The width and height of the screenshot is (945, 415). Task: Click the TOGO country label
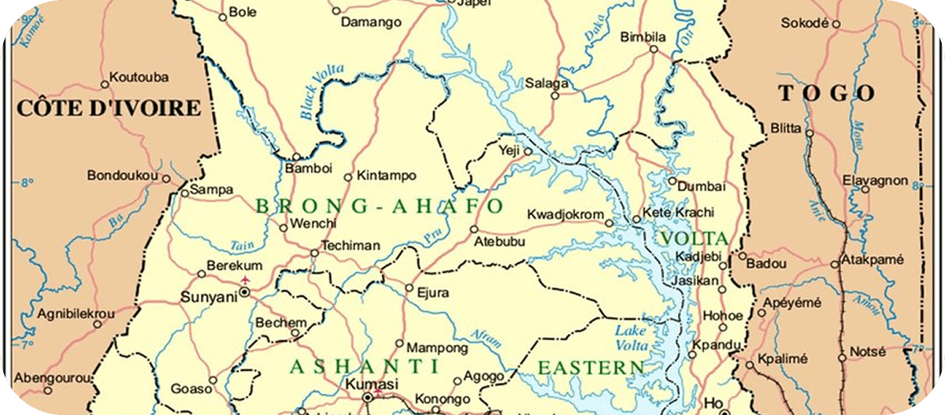click(827, 93)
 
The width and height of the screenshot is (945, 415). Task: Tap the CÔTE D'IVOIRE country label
click(109, 108)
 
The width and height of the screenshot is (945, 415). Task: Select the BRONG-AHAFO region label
click(380, 206)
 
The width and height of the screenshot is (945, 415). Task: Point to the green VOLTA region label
click(694, 238)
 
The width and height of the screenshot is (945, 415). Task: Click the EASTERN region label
click(590, 367)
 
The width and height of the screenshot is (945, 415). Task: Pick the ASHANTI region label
click(364, 366)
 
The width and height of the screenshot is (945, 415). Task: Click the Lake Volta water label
click(632, 338)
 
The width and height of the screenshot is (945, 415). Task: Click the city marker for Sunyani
click(245, 291)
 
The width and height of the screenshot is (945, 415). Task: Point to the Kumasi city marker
click(367, 398)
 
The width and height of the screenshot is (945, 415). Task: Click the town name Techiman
click(350, 246)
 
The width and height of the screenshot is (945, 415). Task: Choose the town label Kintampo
click(386, 176)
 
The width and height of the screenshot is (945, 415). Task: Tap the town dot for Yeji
click(528, 151)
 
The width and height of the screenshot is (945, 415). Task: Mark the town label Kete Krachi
click(678, 213)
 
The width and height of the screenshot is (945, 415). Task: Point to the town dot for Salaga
click(554, 95)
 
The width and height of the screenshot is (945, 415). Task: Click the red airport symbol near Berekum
click(246, 280)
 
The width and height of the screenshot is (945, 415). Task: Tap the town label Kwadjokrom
click(565, 215)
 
